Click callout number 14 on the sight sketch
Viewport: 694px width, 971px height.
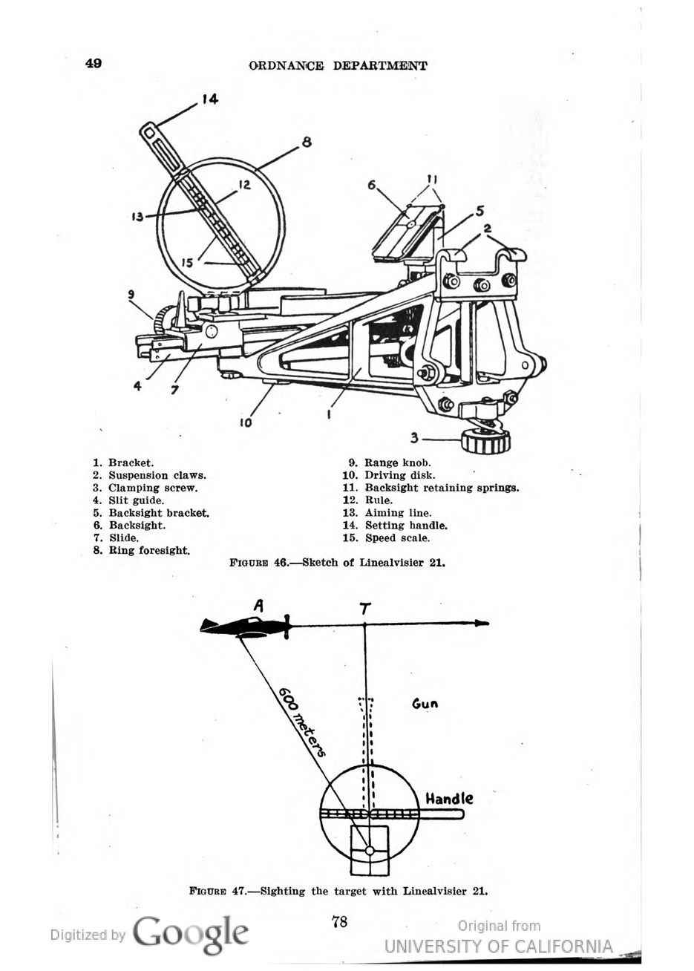click(209, 99)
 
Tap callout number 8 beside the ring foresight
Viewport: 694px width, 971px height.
click(307, 143)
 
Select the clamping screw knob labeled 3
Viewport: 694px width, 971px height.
click(485, 441)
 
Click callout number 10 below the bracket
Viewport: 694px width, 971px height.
click(246, 422)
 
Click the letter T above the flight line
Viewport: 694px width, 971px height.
click(364, 609)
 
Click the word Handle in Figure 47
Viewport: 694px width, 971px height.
click(448, 798)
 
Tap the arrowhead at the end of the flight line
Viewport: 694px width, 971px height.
click(482, 624)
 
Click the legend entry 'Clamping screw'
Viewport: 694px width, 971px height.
click(153, 488)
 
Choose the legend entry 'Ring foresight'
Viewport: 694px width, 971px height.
click(149, 551)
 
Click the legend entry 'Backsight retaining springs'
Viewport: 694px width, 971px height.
click(442, 488)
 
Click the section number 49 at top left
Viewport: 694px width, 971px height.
click(94, 63)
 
